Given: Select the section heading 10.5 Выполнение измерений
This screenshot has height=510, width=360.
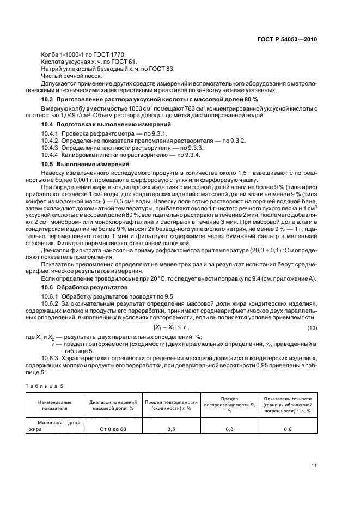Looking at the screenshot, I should [x=86, y=164].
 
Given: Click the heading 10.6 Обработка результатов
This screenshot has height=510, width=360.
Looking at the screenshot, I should [x=84, y=286].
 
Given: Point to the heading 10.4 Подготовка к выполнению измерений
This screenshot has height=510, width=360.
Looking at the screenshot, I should [x=102, y=125].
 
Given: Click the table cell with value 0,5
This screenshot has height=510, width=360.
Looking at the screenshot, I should [x=171, y=429].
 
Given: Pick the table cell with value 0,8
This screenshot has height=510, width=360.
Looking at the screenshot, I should [x=230, y=429].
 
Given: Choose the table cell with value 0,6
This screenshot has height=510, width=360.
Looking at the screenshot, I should [x=288, y=429].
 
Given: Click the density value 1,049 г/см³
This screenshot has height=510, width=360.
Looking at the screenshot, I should [x=84, y=115].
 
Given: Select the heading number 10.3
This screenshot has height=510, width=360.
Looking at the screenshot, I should [x=48, y=100].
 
